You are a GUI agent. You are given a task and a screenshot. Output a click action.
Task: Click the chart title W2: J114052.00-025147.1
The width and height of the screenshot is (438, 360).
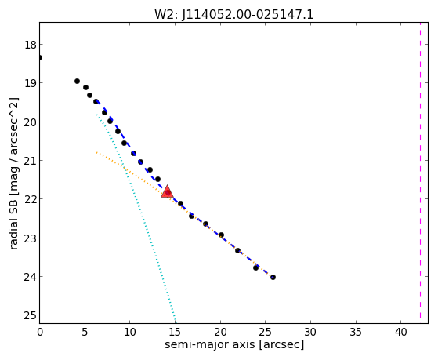(x=234, y=14)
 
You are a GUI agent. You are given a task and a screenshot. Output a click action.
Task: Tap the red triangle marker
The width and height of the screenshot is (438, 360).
(x=167, y=191)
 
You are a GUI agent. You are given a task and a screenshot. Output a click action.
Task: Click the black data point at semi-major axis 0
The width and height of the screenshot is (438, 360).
(x=40, y=57)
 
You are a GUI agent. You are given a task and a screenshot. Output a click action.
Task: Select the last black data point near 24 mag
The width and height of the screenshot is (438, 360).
(x=273, y=277)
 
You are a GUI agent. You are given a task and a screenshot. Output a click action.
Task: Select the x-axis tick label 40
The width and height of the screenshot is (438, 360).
(x=400, y=333)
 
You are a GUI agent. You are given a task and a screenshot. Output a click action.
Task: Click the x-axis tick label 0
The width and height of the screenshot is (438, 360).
(x=40, y=333)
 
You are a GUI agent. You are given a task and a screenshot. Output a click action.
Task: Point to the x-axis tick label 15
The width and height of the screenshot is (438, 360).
(x=176, y=333)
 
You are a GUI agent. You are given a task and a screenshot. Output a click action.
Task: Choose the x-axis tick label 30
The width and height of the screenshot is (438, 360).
(x=310, y=333)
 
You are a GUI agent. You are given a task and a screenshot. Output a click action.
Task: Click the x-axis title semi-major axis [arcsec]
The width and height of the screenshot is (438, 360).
(x=234, y=344)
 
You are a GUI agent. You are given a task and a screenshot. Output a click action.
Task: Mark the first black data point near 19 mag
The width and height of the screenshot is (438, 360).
(x=77, y=81)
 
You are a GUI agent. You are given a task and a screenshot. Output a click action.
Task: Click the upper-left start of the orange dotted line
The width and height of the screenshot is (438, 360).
(x=96, y=152)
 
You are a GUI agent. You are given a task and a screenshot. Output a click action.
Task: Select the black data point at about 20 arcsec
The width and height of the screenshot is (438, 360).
(x=221, y=235)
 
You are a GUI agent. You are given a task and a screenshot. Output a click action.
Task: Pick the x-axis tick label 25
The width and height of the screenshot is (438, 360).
(x=266, y=333)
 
